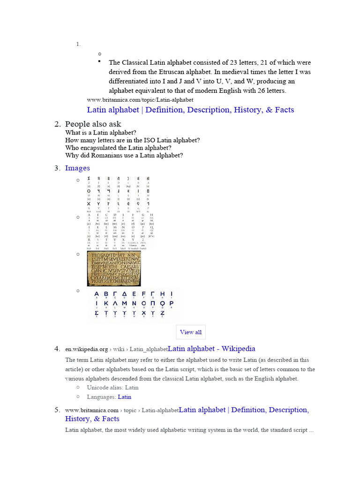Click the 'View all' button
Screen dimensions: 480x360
(x=191, y=332)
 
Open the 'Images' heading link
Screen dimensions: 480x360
(x=77, y=168)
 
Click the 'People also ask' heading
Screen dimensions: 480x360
(x=93, y=124)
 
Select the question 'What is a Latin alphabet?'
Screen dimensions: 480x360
(x=101, y=133)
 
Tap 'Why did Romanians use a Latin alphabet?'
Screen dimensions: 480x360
(x=124, y=155)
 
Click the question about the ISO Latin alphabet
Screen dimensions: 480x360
(x=133, y=140)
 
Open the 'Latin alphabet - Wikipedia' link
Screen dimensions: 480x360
(x=211, y=349)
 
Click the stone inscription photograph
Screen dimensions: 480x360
(x=114, y=269)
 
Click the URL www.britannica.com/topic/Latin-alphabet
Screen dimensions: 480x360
(x=140, y=100)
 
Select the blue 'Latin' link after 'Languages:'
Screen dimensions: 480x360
(x=124, y=397)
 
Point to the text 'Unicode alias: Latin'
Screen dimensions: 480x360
(x=112, y=388)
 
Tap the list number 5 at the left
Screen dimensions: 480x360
(x=57, y=410)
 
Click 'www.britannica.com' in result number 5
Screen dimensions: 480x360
(x=91, y=410)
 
